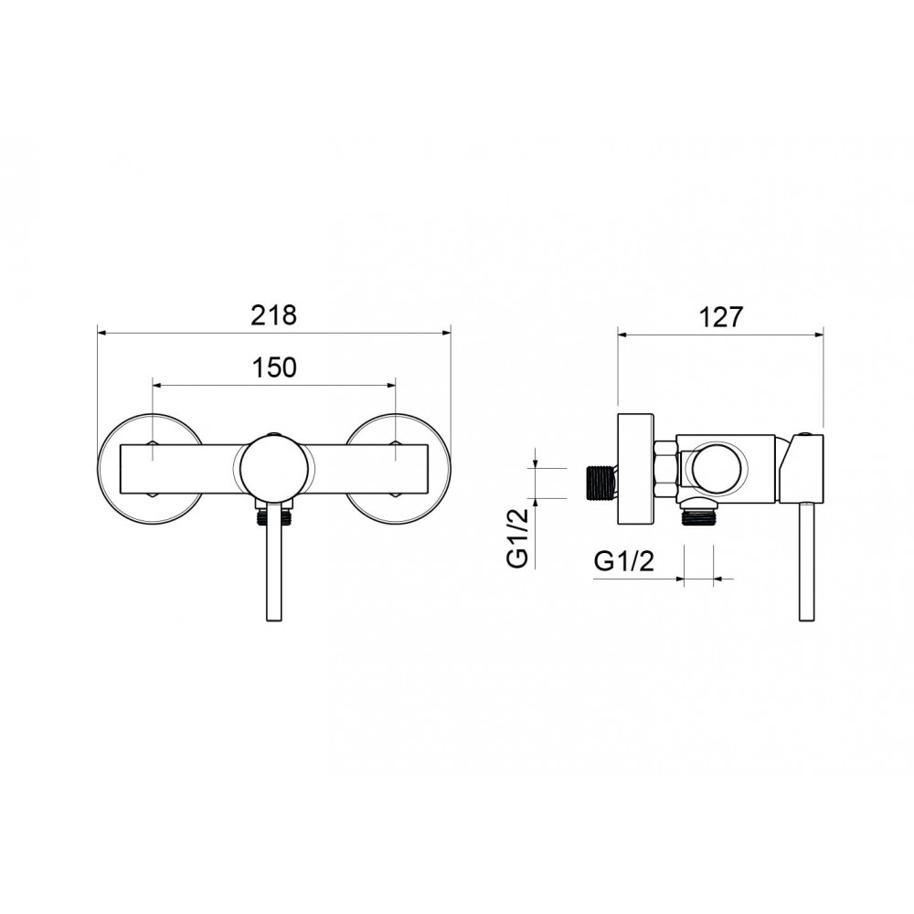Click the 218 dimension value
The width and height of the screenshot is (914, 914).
[274, 315]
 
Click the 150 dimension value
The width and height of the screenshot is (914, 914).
[274, 367]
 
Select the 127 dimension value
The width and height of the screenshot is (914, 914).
[721, 317]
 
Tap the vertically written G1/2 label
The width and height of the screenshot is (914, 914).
[517, 537]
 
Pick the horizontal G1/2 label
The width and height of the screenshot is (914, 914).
[624, 561]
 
